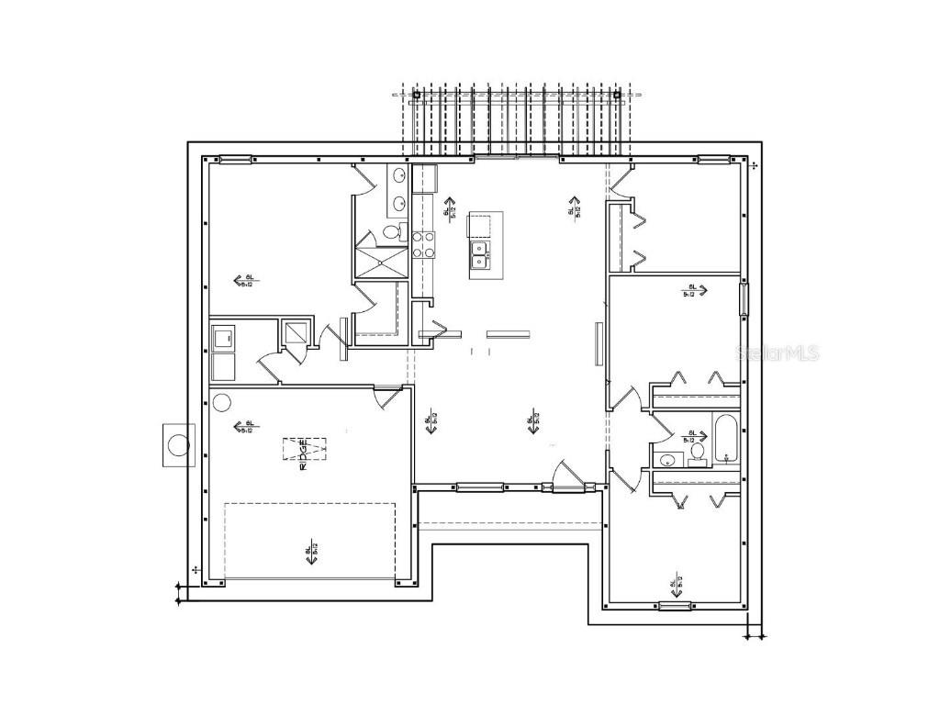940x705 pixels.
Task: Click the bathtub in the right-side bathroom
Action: (x=725, y=438)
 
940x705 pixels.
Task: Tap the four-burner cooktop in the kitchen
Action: (x=423, y=244)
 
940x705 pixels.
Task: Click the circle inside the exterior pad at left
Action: (x=179, y=446)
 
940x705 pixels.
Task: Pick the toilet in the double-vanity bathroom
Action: (x=393, y=231)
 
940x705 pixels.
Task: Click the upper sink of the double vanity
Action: (x=400, y=174)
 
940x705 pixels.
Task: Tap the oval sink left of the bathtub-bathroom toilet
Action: (x=667, y=460)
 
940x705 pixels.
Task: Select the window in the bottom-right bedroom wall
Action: (x=674, y=605)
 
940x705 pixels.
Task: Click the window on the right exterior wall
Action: (x=744, y=298)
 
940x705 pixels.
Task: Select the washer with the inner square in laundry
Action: (x=222, y=339)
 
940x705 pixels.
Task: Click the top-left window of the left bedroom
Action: (x=235, y=161)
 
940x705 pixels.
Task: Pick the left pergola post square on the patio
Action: (x=416, y=95)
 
